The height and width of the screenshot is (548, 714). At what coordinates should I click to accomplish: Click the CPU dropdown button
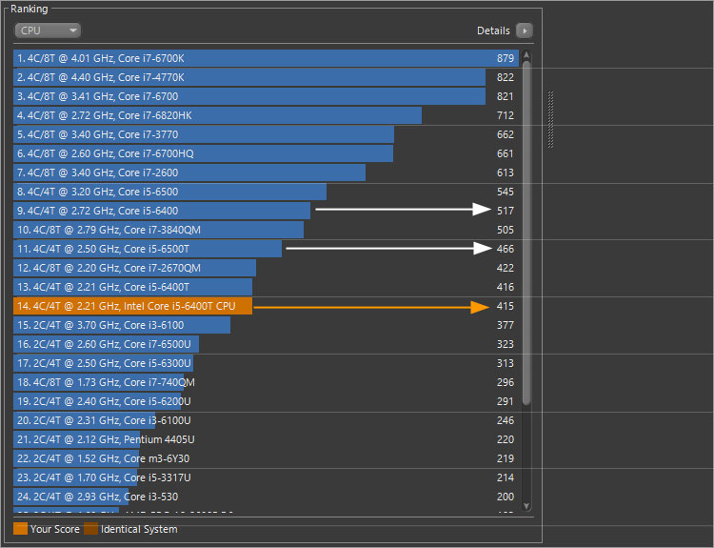click(47, 30)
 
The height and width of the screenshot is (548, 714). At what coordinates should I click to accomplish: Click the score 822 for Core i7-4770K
click(505, 77)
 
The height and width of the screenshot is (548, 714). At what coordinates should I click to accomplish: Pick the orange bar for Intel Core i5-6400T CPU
click(133, 306)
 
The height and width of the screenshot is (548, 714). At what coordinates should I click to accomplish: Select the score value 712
click(505, 115)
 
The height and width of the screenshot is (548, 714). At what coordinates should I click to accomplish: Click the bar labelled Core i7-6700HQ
click(203, 153)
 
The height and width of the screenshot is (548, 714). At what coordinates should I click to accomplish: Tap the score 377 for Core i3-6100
click(505, 325)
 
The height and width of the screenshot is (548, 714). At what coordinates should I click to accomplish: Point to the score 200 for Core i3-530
click(505, 497)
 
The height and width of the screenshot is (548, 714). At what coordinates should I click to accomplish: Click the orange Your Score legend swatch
click(21, 529)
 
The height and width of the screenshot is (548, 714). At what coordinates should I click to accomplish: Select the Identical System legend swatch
click(90, 529)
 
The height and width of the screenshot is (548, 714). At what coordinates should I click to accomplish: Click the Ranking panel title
click(29, 9)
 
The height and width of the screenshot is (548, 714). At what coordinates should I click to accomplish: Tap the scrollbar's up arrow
click(526, 56)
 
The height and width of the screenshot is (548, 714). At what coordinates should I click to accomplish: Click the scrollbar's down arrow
click(526, 506)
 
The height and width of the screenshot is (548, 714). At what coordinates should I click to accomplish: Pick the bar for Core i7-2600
click(189, 173)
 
